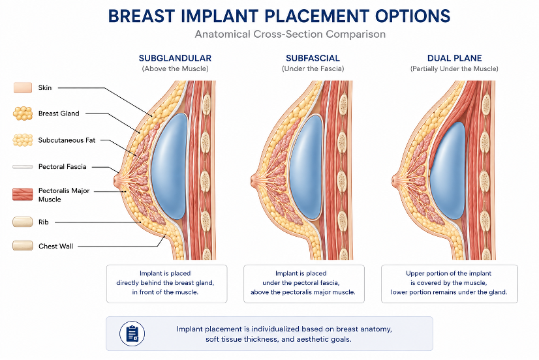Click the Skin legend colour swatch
coord(23,87)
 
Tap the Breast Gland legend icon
coord(23,113)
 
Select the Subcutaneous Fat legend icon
coord(23,140)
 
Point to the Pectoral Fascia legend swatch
coord(23,167)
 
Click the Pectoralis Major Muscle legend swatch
coord(23,194)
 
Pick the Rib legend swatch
coord(23,222)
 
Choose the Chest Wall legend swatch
coord(23,246)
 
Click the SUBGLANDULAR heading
coord(175,59)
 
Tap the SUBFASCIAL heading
coord(313,59)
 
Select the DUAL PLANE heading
coord(454,59)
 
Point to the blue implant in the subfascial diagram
coord(307,168)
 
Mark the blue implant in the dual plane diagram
coord(447,171)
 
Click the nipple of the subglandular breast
coord(117,181)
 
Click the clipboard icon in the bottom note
coord(132,333)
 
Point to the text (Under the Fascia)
coord(313,68)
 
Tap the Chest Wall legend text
coord(55,247)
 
